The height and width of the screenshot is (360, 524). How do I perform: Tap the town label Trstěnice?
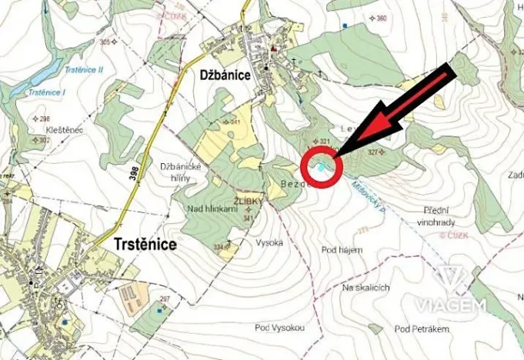pos(145,245)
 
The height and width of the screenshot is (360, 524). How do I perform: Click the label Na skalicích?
pos(367,288)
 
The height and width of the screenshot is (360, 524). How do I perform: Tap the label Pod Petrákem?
pos(422,329)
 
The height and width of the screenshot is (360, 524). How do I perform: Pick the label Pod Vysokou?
pos(279,328)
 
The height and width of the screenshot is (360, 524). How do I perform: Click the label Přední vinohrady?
pos(440,215)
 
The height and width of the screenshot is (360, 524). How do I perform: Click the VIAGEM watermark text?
pos(452,305)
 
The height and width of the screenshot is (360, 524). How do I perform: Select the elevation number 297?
pos(163,298)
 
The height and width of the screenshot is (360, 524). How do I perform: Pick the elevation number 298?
pos(45,118)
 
